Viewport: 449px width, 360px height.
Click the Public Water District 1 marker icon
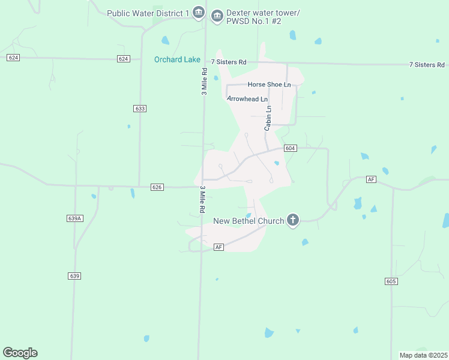199,13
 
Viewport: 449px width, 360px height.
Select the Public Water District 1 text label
148,13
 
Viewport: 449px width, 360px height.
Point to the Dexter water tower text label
254,17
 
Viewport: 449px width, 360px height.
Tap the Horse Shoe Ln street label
269,85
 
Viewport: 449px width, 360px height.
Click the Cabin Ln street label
268,118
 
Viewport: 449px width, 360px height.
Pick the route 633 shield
140,109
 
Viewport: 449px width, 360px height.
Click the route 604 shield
290,148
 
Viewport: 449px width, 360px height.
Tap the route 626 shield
157,187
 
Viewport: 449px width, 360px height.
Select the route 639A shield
74,218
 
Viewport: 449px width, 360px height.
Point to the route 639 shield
74,276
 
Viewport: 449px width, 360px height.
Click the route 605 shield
391,281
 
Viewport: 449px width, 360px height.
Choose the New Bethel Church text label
249,221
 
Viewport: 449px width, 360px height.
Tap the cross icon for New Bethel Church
293,220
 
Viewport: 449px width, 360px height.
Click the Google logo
20,353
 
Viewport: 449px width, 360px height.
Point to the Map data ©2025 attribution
423,355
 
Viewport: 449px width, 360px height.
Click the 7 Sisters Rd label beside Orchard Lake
229,62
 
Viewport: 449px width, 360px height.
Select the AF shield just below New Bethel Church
218,247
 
